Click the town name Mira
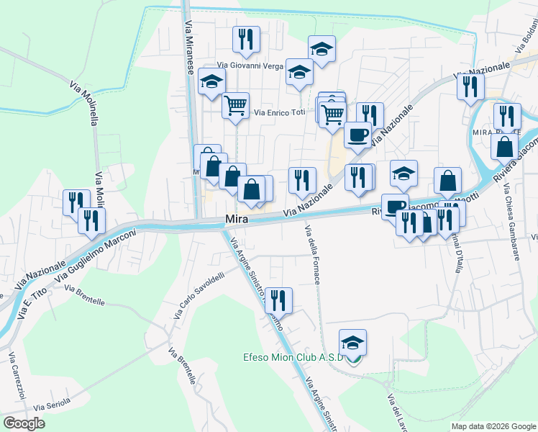(237, 218)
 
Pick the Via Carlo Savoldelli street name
(199, 295)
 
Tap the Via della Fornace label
(311, 255)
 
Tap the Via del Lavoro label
(395, 413)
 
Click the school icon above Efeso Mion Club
(353, 342)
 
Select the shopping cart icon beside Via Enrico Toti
(235, 105)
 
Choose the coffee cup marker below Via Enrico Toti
(357, 134)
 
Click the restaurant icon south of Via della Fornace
(279, 300)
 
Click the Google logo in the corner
(24, 423)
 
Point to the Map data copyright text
(493, 426)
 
